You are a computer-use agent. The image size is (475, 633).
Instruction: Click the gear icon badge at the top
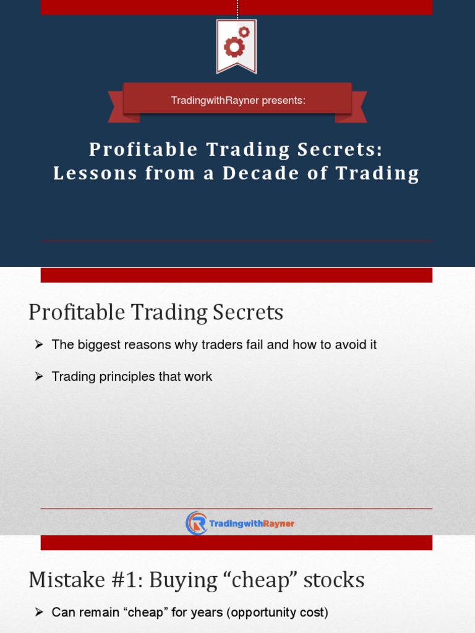coord(236,44)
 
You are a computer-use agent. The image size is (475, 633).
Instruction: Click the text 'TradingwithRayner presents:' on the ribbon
coord(238,100)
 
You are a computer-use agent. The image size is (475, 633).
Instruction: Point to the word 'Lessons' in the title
coord(95,174)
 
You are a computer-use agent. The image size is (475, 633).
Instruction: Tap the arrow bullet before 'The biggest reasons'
coord(38,345)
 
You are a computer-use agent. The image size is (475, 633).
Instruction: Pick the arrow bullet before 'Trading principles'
coord(38,376)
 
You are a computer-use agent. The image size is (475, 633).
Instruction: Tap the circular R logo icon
coord(196,523)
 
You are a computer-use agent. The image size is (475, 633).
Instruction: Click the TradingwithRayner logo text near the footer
coord(252,524)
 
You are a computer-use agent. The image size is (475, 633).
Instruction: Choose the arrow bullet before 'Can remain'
coord(38,613)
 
